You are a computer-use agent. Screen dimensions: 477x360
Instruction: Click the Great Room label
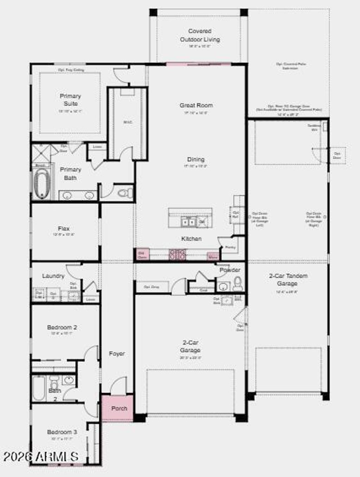(x=196, y=105)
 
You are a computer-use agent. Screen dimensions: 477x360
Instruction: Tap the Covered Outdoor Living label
(x=200, y=35)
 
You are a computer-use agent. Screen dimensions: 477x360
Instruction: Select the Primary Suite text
(x=70, y=100)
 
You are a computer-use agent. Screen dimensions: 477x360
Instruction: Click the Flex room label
(x=64, y=229)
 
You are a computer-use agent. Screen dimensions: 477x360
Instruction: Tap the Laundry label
(x=53, y=276)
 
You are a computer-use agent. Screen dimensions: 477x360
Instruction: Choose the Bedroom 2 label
(x=62, y=327)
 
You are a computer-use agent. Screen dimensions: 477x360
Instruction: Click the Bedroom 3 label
(x=62, y=432)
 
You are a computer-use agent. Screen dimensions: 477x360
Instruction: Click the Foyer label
(x=117, y=354)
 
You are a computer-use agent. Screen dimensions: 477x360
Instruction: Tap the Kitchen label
(x=191, y=239)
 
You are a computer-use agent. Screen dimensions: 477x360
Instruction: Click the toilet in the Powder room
(x=238, y=284)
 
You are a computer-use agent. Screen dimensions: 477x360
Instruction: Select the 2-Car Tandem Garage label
(x=288, y=280)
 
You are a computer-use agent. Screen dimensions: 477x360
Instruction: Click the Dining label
(x=196, y=159)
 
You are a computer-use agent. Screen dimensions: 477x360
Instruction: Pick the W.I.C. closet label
(x=128, y=122)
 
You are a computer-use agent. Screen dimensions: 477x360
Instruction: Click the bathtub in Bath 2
(x=39, y=388)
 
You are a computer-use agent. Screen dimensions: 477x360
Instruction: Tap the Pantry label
(x=230, y=248)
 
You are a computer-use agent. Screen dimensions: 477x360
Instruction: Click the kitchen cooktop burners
(x=178, y=255)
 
